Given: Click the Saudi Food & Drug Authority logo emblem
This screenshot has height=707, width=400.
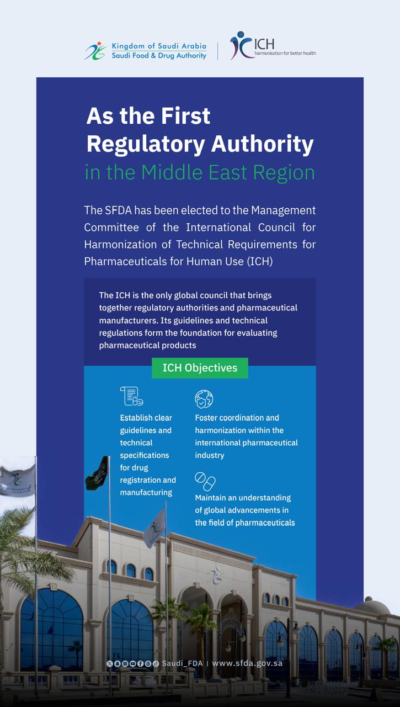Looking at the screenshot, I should pyautogui.click(x=95, y=51).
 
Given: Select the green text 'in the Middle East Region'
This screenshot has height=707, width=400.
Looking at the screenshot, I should pyautogui.click(x=200, y=172).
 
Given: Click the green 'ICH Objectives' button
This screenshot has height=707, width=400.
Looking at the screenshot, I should pyautogui.click(x=200, y=368).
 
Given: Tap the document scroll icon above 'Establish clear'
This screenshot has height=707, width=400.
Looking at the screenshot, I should pyautogui.click(x=131, y=396).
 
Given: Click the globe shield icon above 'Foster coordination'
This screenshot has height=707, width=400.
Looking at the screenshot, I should pyautogui.click(x=204, y=399).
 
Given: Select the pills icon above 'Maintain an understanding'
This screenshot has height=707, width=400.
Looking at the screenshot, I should pyautogui.click(x=205, y=481).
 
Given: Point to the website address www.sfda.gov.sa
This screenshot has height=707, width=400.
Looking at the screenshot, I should pyautogui.click(x=247, y=663).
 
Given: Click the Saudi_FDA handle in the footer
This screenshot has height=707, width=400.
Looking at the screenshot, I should pyautogui.click(x=182, y=663).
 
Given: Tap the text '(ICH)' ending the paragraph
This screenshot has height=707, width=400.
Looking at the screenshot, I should pyautogui.click(x=260, y=261).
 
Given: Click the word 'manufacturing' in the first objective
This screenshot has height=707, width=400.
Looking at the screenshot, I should pyautogui.click(x=146, y=493).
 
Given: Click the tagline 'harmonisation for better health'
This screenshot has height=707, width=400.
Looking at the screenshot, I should pyautogui.click(x=285, y=54).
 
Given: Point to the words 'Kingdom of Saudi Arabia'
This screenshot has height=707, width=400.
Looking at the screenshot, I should pyautogui.click(x=159, y=46).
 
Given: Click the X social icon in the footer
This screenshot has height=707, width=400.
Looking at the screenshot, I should pyautogui.click(x=109, y=663).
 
